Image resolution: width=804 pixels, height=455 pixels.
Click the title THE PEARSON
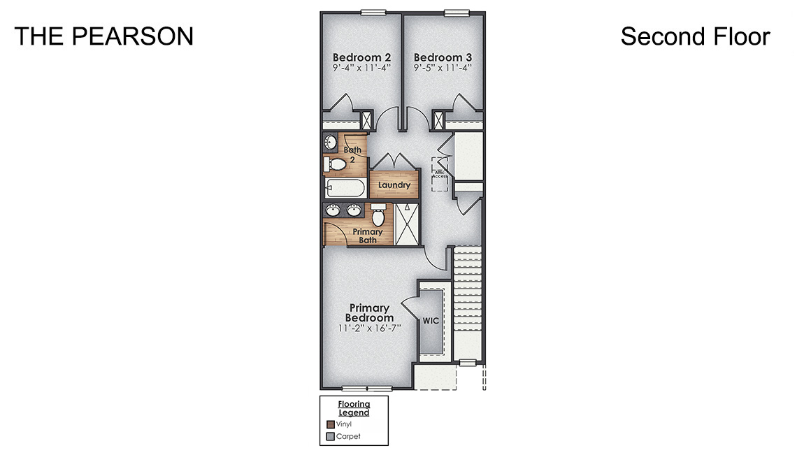coord(103,36)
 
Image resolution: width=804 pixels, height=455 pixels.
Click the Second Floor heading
coord(695,36)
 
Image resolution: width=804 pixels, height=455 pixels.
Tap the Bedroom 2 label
coord(361,57)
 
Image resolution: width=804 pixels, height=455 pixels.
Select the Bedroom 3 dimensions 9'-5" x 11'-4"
coord(443,68)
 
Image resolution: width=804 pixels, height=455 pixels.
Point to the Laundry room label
coord(394,185)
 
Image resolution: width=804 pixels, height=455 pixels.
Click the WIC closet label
coord(430,321)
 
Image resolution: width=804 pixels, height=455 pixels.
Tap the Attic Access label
coord(439,173)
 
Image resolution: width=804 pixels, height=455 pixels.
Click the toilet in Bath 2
coord(336,164)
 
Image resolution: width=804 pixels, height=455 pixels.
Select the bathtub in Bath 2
coord(345,189)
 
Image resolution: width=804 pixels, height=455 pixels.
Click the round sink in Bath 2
coord(331,143)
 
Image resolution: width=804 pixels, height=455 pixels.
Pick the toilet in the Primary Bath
coord(378,214)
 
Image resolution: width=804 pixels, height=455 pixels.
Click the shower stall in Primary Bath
coord(406,224)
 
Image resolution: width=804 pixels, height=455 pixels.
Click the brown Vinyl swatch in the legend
coord(330,424)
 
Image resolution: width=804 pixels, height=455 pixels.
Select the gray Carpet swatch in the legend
coord(330,438)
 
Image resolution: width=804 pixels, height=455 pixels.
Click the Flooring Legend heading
coord(354,408)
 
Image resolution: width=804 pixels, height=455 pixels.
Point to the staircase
coord(468,301)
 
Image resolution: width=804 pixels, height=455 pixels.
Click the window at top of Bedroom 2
coord(373,12)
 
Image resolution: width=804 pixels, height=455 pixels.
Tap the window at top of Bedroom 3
coord(457,12)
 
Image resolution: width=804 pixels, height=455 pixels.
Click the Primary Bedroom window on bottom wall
coord(367,388)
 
